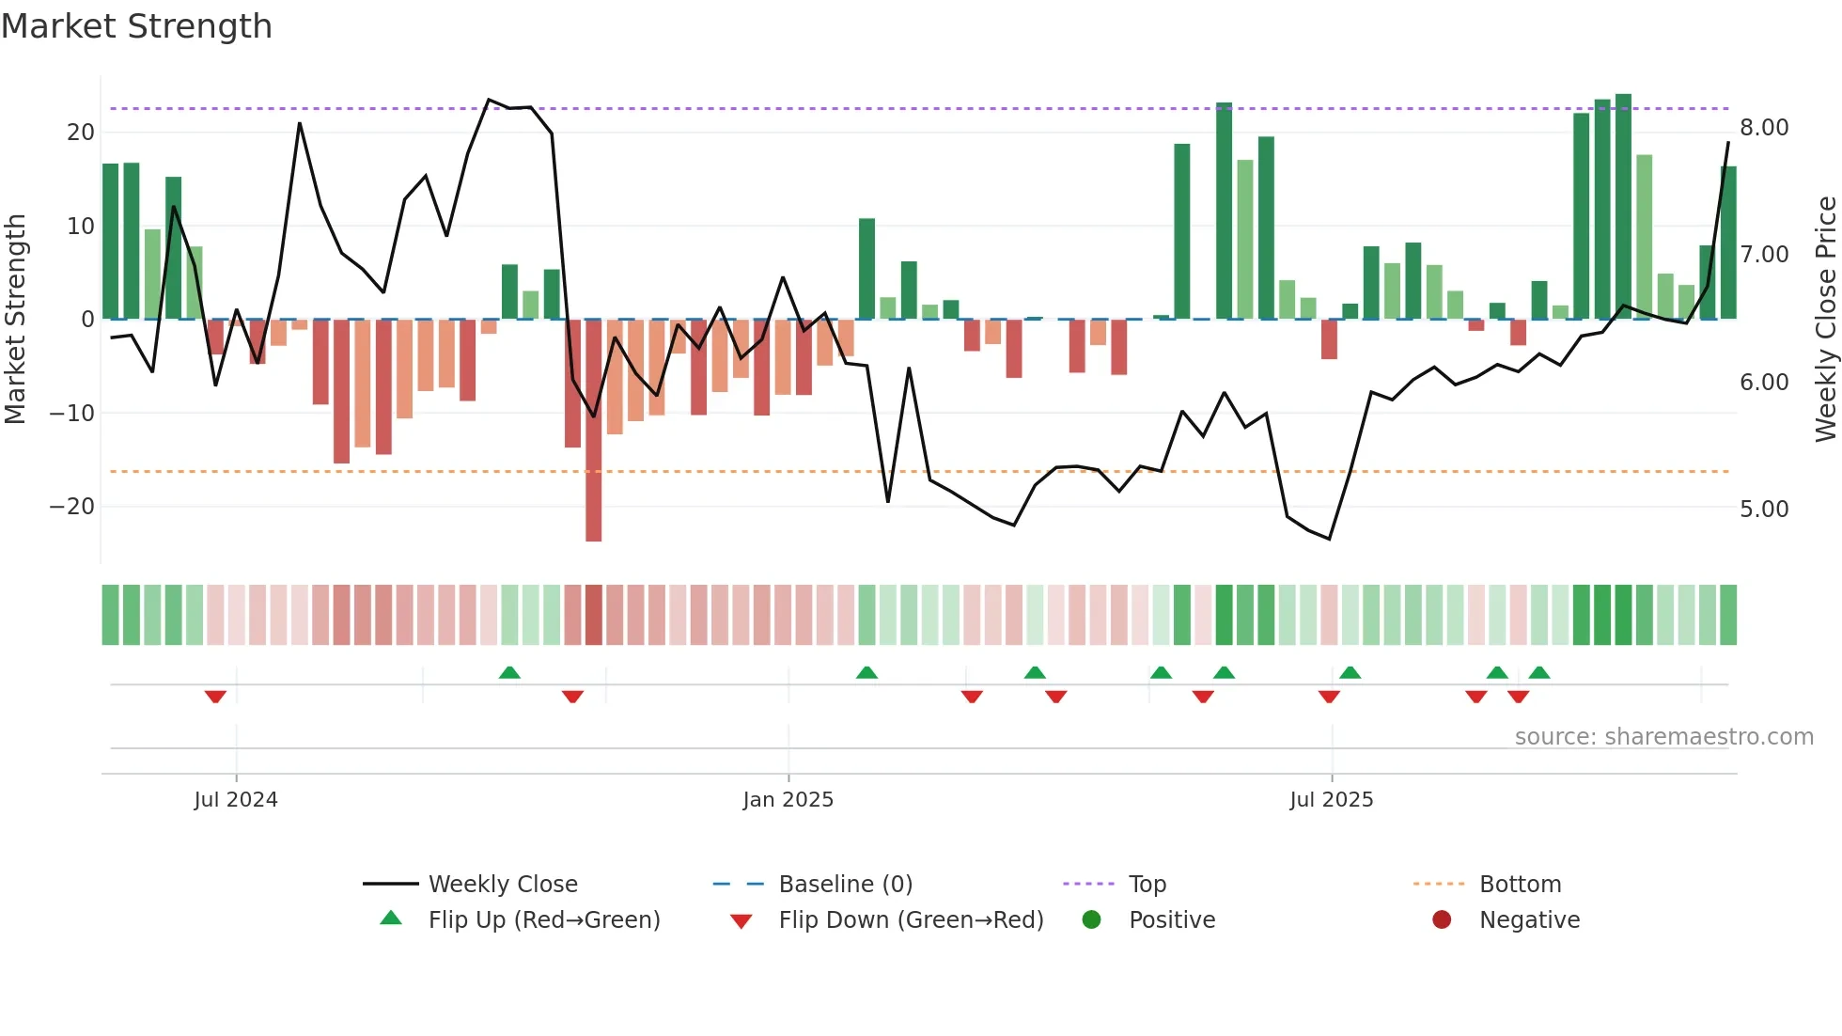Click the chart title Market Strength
pos(136,26)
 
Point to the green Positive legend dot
pos(1091,919)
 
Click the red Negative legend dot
pos(1442,919)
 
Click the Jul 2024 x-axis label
pos(236,800)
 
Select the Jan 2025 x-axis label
pos(788,800)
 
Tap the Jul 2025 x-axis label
pos(1331,800)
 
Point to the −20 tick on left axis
pos(72,507)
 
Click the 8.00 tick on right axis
pos(1764,128)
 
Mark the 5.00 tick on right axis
pos(1764,510)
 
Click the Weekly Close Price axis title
pos(1825,320)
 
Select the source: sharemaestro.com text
pos(1663,737)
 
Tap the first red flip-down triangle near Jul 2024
pos(215,697)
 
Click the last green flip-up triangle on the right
pos(1538,672)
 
